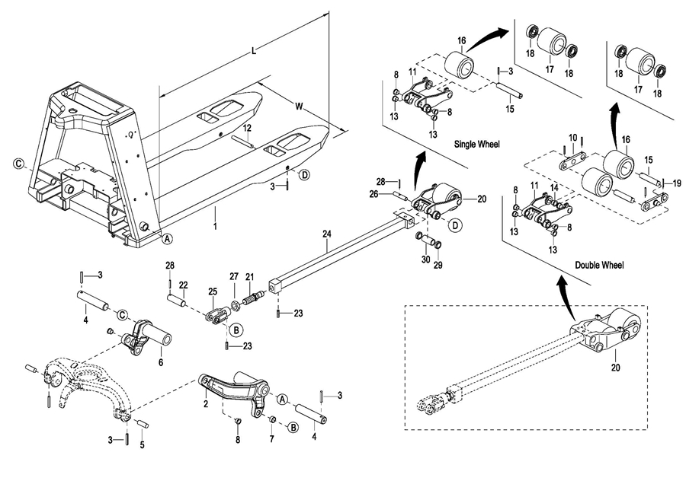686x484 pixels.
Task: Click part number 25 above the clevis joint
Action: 213,291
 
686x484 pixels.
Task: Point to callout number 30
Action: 425,260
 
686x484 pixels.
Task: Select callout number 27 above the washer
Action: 235,275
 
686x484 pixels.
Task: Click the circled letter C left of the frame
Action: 18,162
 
